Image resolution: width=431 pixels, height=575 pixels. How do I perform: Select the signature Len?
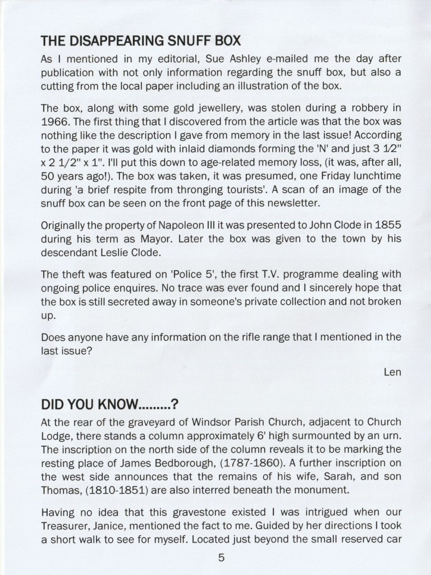tap(392, 372)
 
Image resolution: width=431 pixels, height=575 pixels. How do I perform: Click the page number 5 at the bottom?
tap(221, 558)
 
